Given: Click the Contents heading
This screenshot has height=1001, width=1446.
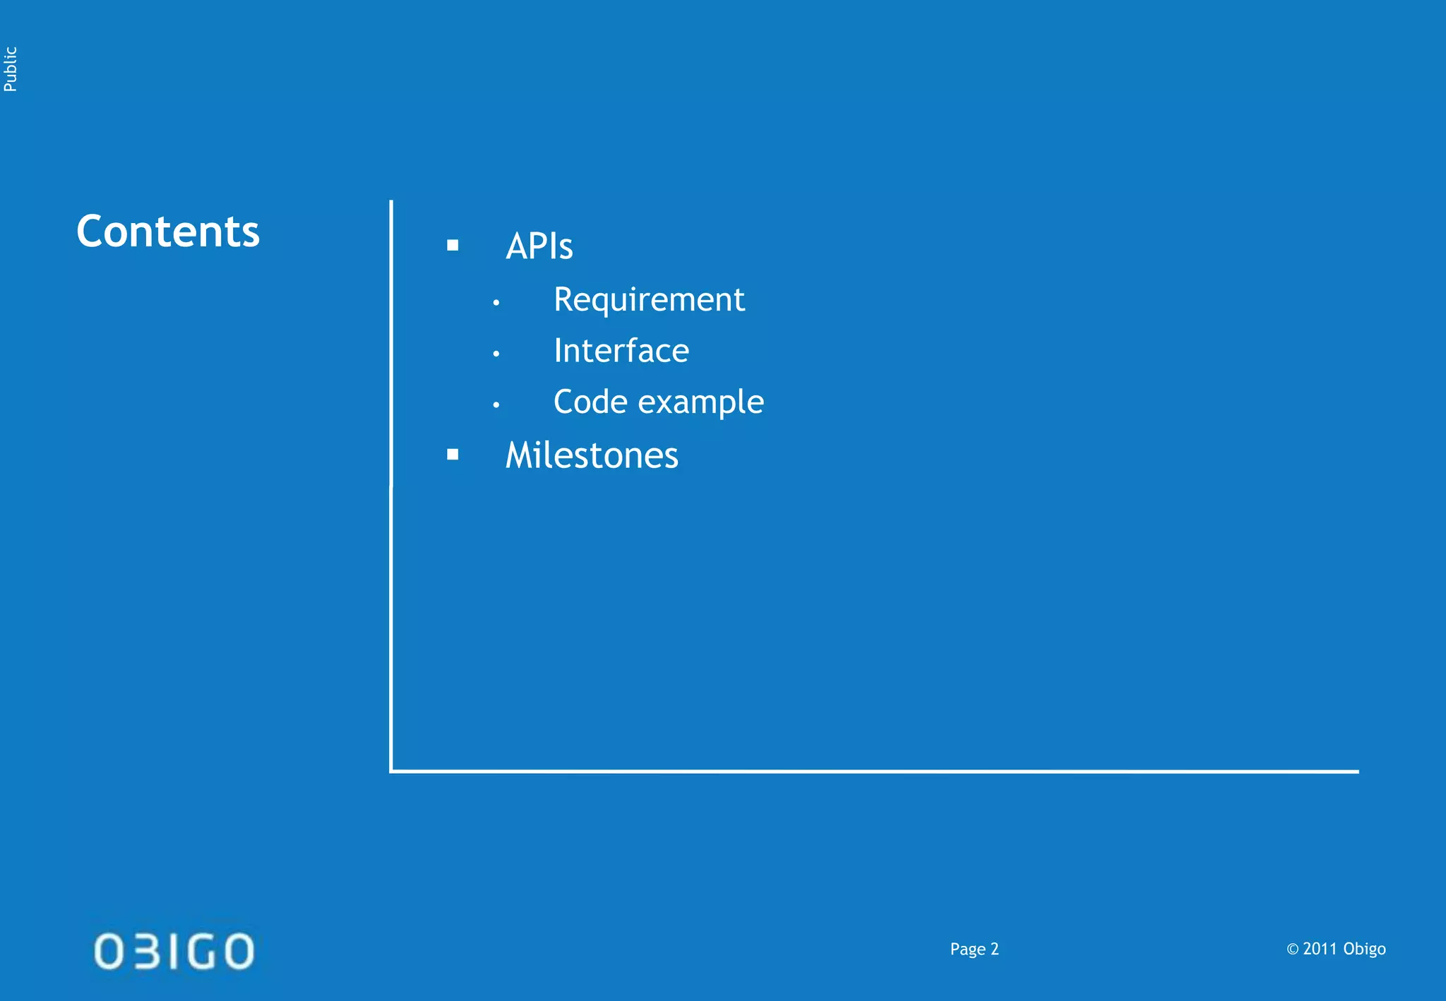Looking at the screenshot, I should click(168, 232).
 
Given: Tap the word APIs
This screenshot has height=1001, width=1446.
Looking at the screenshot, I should click(539, 246).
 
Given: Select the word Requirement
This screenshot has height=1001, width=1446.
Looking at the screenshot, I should click(649, 300).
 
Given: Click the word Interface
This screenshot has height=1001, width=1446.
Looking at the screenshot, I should click(621, 351).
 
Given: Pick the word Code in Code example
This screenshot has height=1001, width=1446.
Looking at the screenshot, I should click(590, 402).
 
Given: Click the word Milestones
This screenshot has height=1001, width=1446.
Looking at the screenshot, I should click(592, 455).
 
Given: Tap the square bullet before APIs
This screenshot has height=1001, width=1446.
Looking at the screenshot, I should click(453, 246).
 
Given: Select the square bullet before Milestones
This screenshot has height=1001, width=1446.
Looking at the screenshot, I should click(453, 455).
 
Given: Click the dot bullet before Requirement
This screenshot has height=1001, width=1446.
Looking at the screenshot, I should click(496, 303).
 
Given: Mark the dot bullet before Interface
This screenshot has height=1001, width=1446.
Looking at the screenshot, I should click(496, 354).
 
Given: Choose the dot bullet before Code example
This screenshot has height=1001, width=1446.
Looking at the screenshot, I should click(496, 405).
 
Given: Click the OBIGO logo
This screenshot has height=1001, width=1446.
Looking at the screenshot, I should click(174, 951).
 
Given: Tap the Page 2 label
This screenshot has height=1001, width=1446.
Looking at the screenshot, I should click(974, 949).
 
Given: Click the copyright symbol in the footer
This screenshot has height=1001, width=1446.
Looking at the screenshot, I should click(1293, 949).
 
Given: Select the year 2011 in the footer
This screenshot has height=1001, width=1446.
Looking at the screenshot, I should click(1320, 949).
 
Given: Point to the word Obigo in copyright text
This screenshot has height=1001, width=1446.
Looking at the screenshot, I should click(1364, 949).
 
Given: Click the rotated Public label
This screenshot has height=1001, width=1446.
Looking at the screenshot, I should click(11, 69).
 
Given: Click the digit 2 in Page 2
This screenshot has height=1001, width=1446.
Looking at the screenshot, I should click(995, 949).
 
